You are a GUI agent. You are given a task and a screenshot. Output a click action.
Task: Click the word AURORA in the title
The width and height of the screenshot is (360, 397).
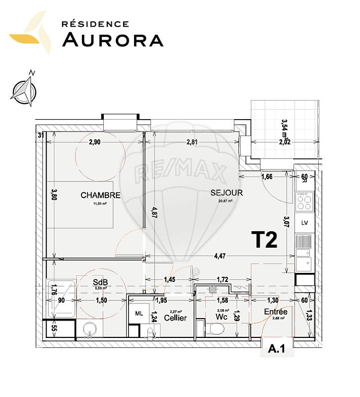pyautogui.click(x=113, y=39)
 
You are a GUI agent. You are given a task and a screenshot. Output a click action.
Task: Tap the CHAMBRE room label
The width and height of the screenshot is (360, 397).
pyautogui.click(x=101, y=195)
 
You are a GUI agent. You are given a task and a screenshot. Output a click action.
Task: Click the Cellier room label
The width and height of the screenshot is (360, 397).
pyautogui.click(x=175, y=318)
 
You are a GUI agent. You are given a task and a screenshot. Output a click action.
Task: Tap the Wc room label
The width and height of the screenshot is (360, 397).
pyautogui.click(x=221, y=317)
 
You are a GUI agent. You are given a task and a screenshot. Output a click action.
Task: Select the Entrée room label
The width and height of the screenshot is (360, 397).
pyautogui.click(x=276, y=311)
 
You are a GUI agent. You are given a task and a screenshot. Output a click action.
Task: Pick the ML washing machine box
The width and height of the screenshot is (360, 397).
pyautogui.click(x=139, y=314)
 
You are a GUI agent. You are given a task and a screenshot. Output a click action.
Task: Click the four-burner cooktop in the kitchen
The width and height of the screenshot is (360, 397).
pyautogui.click(x=304, y=201)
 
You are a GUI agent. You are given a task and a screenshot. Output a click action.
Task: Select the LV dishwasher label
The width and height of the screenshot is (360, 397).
pyautogui.click(x=304, y=223)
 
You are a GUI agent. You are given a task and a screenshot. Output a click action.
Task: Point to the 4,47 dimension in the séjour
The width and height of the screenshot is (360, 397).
pyautogui.click(x=219, y=256)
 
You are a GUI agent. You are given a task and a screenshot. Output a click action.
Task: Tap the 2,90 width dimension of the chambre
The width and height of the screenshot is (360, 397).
pyautogui.click(x=95, y=142)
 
